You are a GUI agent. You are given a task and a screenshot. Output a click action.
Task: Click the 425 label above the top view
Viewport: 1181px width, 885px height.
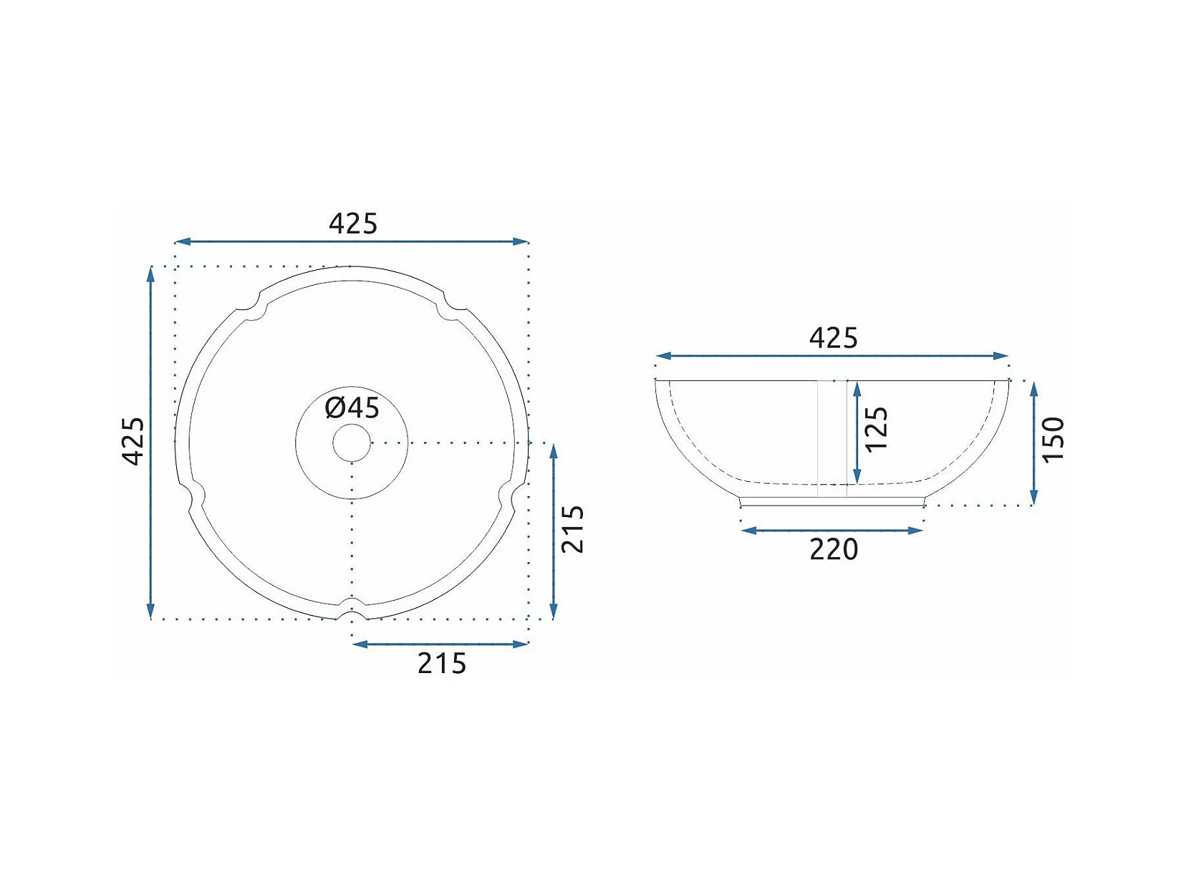tap(353, 223)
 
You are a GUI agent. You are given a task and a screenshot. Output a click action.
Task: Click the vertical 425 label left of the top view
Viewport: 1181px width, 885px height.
tap(133, 440)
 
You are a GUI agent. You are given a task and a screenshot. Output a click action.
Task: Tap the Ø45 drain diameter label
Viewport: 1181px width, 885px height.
tap(352, 407)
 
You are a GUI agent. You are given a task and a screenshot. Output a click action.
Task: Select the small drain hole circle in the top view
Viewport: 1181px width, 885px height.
tap(352, 443)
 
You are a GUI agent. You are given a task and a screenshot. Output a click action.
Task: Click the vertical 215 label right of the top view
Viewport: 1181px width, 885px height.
tap(572, 529)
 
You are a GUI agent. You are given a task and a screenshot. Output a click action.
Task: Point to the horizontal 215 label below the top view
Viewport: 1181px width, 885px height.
tap(442, 663)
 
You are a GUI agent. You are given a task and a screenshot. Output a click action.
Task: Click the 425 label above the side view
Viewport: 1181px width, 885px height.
tap(834, 338)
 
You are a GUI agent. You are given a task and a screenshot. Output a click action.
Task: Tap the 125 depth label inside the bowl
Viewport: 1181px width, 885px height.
tap(876, 428)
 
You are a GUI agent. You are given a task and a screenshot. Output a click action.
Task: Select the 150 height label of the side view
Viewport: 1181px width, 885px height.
tap(1053, 439)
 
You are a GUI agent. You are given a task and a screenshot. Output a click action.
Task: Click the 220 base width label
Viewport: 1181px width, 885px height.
tap(834, 549)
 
